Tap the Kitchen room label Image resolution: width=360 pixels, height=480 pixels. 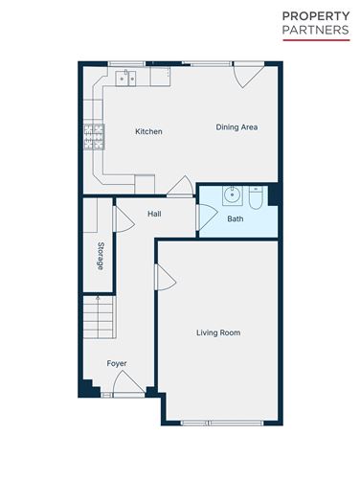coord(148,131)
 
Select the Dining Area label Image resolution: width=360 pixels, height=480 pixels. coord(236,127)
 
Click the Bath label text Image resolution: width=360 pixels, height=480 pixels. coord(235,218)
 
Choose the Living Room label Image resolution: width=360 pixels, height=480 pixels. coord(217,333)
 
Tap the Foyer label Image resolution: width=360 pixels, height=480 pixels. coord(117,363)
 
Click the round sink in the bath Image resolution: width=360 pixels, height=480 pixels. coord(231,196)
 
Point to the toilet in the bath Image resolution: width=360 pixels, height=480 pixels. coord(256,196)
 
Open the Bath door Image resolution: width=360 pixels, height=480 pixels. coord(202,217)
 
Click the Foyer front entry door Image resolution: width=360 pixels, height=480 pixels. coord(127,385)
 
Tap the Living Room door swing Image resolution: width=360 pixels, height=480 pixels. coord(165,279)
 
